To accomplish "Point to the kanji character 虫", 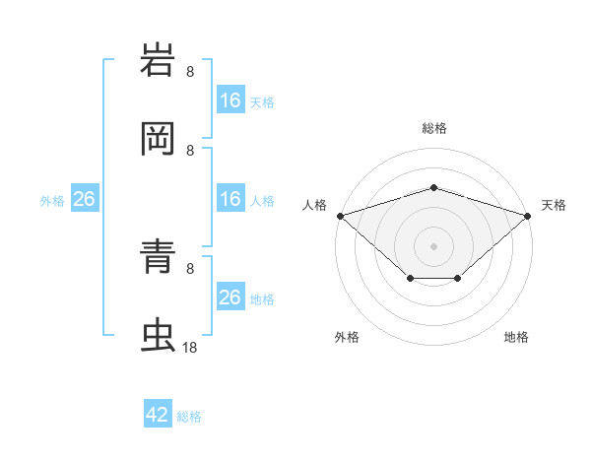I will pos(160,336).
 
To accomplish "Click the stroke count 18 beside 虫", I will pos(190,348).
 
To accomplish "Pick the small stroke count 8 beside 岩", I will pos(190,71).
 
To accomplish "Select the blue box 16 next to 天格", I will pos(230,100).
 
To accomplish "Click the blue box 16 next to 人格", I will pos(230,200).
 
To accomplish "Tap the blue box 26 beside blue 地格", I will pos(230,298).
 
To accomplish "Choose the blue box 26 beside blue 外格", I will pos(84,200).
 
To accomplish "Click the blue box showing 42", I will pos(158,415).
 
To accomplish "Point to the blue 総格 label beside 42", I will pos(189,417).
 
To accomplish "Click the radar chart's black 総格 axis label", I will pos(433,128).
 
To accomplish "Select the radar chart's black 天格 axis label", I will pos(555,205).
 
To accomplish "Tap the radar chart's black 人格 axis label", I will pos(314,205).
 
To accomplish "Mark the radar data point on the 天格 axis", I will pos(528,215).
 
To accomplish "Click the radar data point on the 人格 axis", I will pos(340,215).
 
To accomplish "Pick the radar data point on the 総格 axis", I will pos(433,187).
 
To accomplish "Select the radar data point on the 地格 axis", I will pos(458,280).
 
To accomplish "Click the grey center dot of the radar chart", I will pos(433,245).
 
